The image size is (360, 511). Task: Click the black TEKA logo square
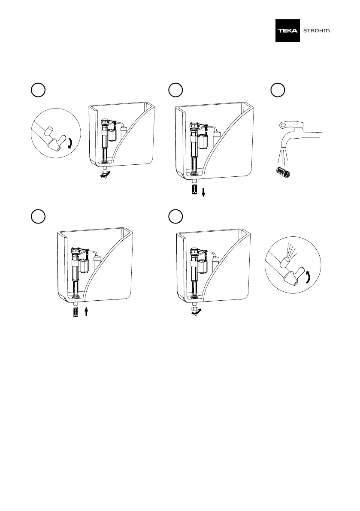pyautogui.click(x=288, y=31)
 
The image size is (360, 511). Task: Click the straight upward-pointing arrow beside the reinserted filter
pyautogui.click(x=86, y=311)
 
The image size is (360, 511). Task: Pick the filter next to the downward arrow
pyautogui.click(x=194, y=189)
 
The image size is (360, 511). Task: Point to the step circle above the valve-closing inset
pyautogui.click(x=37, y=90)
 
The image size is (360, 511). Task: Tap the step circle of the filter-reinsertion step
pyautogui.click(x=37, y=216)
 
